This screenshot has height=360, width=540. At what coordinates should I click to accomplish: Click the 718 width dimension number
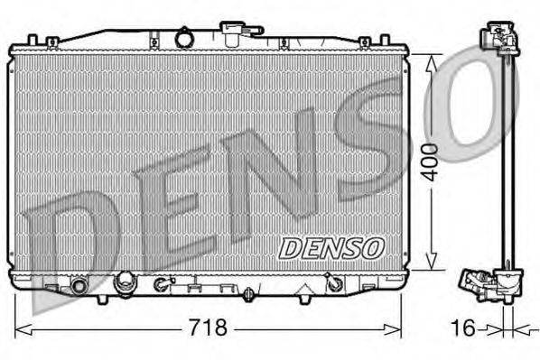[207, 327]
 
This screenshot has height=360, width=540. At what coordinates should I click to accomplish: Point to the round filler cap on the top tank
[187, 39]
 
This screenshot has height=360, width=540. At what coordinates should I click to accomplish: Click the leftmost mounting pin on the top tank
[33, 41]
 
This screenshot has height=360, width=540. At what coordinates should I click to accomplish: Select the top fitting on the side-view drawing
[499, 37]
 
